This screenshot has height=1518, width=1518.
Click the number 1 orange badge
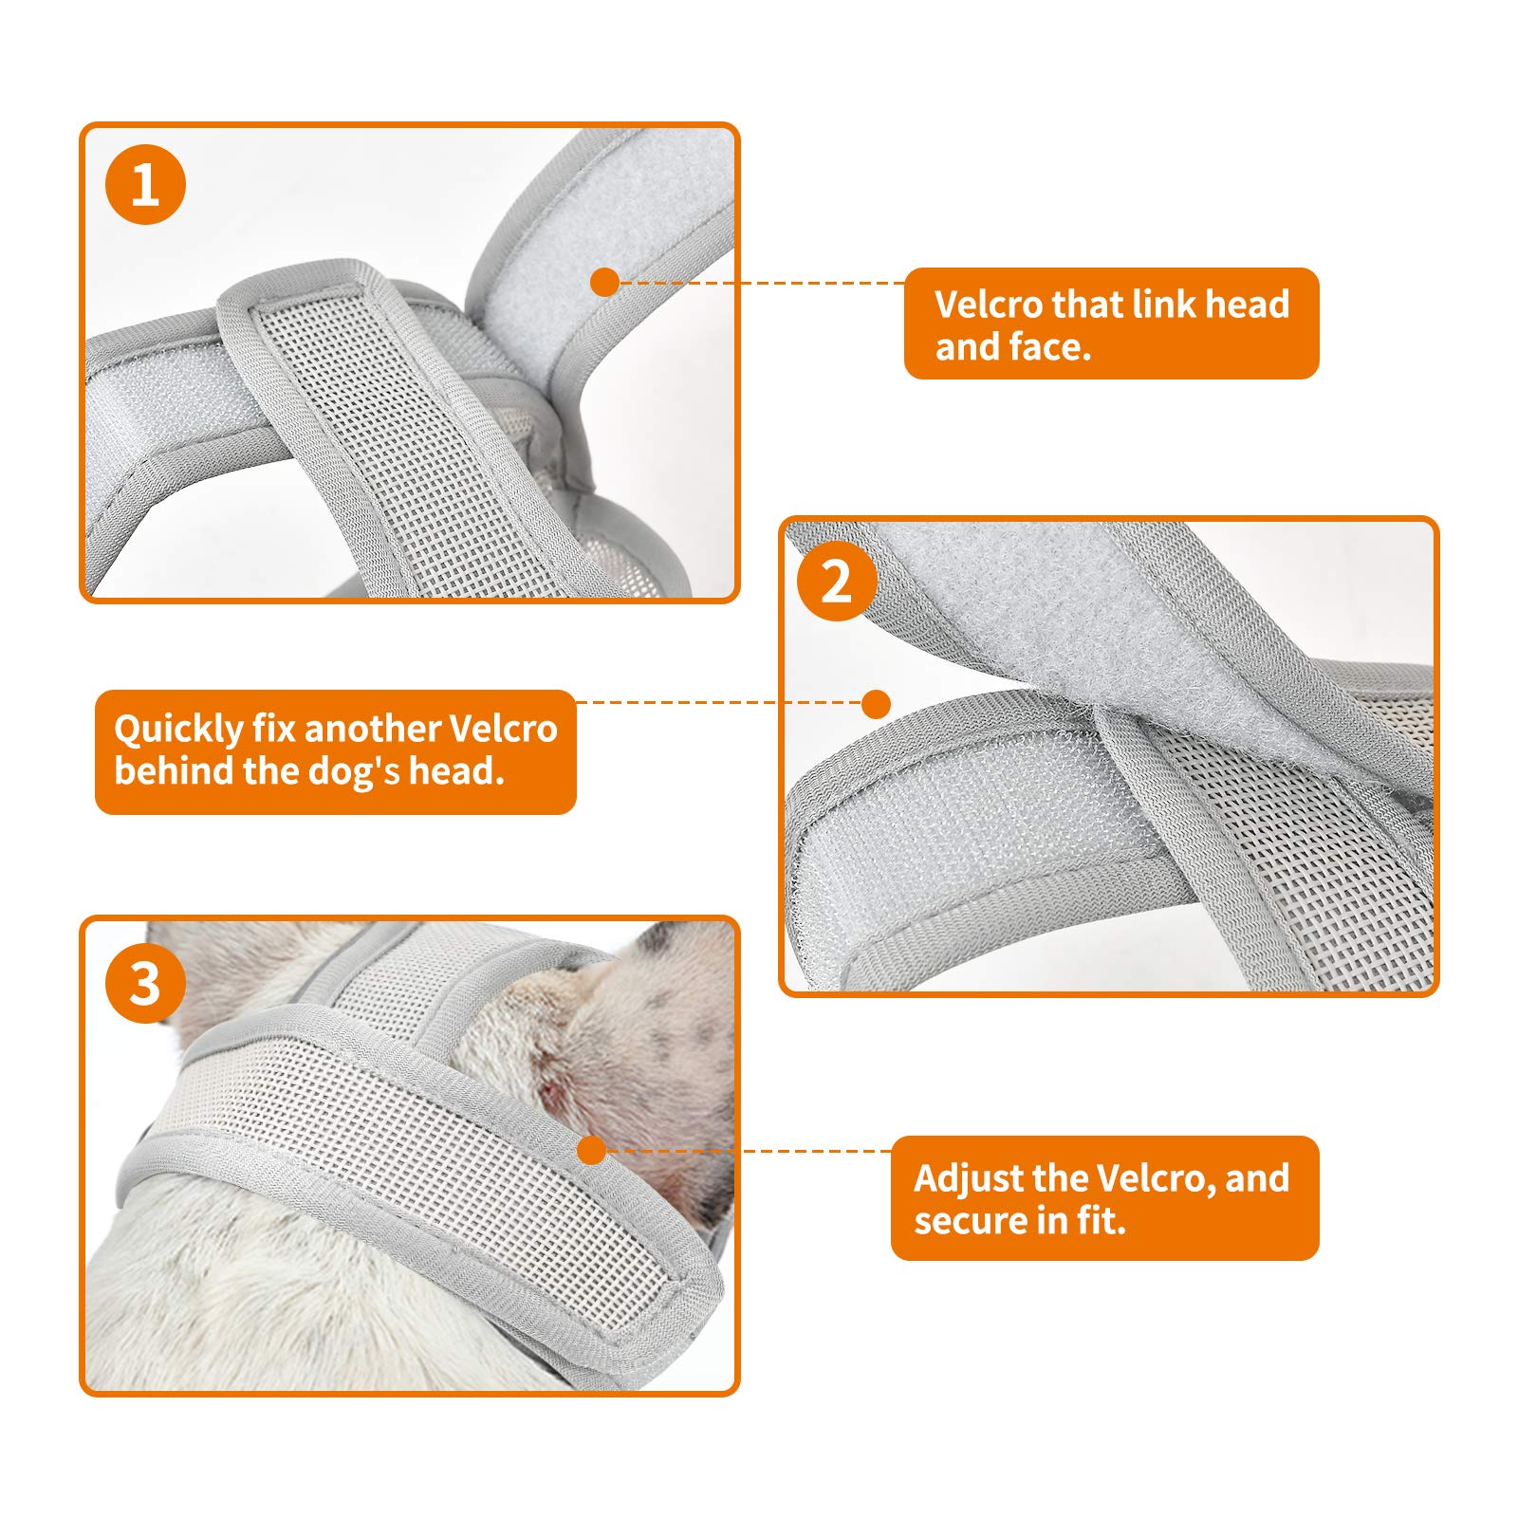(145, 184)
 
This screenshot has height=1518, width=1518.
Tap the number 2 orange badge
(836, 581)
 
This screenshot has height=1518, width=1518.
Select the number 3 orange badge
(145, 983)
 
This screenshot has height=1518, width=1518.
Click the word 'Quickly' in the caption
(178, 730)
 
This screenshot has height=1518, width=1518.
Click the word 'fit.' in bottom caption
(1101, 1221)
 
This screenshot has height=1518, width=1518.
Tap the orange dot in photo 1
(604, 282)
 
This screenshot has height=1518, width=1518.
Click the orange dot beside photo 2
(877, 703)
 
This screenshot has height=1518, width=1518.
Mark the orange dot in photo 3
(591, 1150)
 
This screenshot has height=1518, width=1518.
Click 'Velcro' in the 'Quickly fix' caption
(502, 730)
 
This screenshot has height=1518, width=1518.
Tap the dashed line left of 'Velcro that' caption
(759, 283)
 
